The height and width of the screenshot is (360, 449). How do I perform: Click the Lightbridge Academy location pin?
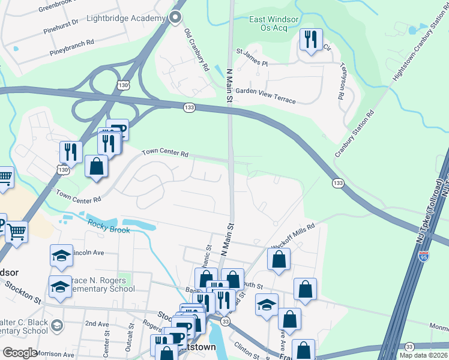tap(175, 18)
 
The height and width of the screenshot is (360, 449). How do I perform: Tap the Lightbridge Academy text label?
tap(126, 19)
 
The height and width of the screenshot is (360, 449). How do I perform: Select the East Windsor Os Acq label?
tap(274, 23)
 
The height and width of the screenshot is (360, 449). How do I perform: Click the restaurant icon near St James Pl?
tap(310, 40)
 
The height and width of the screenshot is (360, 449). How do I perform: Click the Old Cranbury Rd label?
tap(196, 49)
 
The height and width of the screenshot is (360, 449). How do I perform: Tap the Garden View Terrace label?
tap(265, 95)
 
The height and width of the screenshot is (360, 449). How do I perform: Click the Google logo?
tap(20, 353)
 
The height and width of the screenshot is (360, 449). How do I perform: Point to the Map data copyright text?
tap(423, 355)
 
